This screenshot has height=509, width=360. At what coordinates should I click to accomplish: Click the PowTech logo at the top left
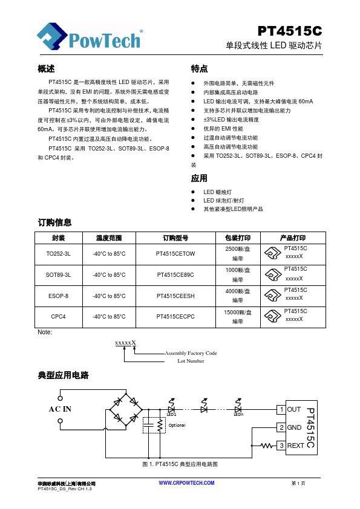click(90, 38)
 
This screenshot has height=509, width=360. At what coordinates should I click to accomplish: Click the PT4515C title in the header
click(289, 31)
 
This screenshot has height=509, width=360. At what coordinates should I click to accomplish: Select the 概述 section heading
click(46, 69)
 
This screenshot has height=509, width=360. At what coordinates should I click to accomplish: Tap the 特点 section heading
click(199, 69)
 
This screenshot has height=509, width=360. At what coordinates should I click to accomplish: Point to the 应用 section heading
click(199, 178)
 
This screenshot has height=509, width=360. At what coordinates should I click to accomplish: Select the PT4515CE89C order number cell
click(175, 274)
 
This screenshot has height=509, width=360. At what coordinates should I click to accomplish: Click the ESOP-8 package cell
click(58, 296)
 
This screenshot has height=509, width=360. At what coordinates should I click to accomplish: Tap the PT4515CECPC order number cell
click(175, 316)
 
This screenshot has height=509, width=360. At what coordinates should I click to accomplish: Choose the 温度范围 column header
click(109, 238)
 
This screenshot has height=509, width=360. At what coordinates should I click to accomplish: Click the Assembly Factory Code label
click(191, 353)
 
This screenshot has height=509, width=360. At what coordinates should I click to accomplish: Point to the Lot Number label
click(191, 361)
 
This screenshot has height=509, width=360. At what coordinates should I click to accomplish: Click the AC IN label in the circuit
click(60, 409)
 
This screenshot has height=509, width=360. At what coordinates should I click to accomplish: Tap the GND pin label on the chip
click(294, 427)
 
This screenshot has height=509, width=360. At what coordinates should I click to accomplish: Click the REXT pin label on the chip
click(296, 446)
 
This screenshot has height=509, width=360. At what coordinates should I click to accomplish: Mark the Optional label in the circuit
click(177, 425)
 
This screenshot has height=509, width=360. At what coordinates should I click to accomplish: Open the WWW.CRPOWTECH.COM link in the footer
click(186, 483)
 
